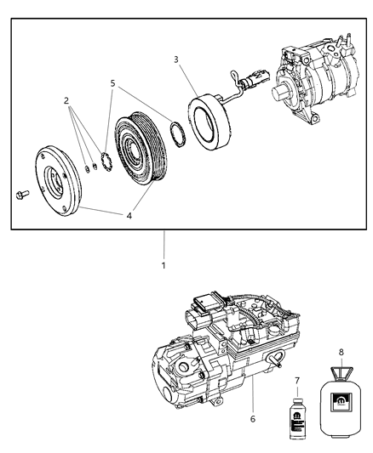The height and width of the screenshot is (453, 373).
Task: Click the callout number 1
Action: [164, 265]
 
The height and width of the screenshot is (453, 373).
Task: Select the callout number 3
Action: [175, 59]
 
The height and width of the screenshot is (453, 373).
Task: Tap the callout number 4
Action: [129, 216]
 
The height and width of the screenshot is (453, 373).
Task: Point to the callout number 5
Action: [112, 83]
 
